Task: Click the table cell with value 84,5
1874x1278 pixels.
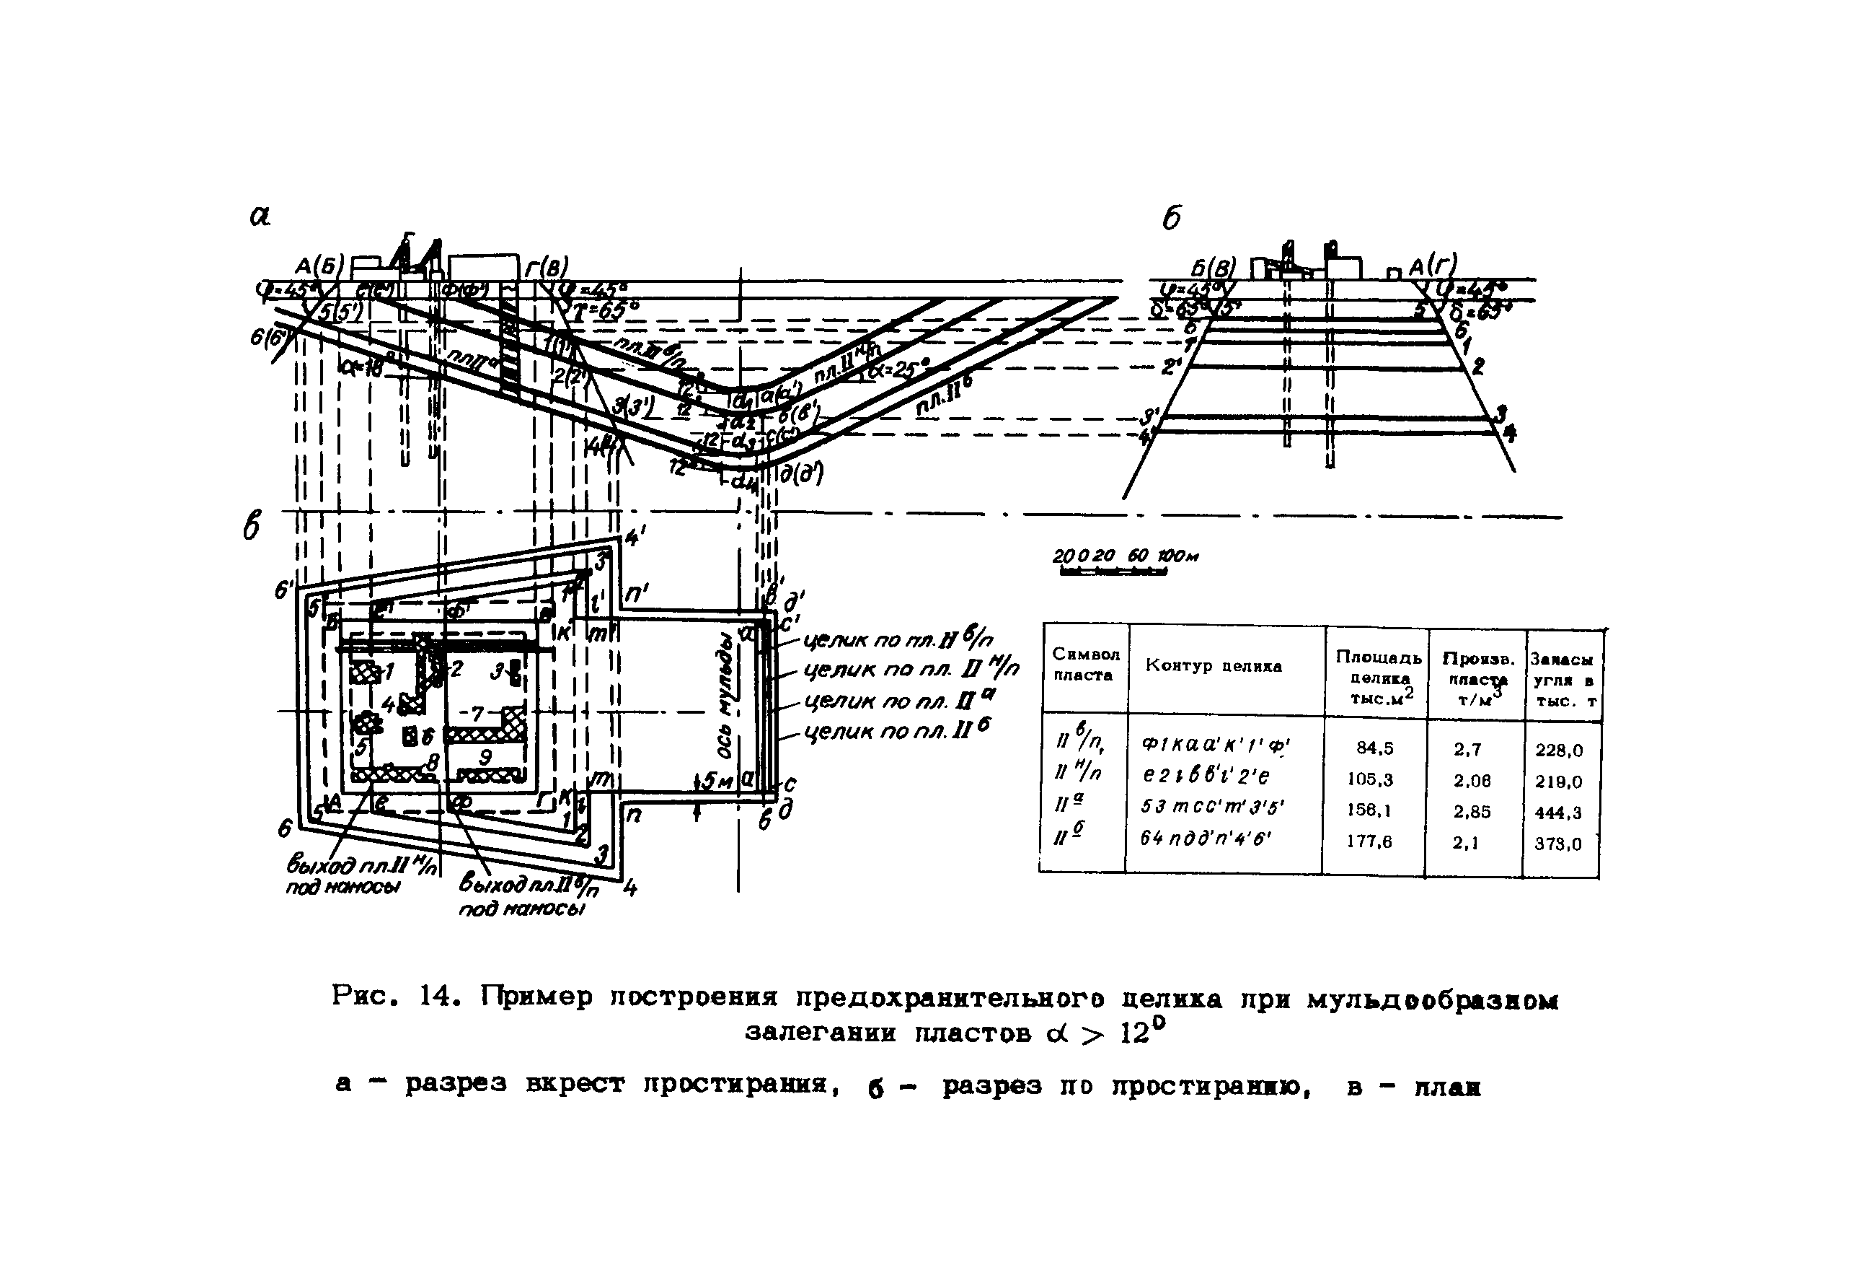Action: tap(1374, 748)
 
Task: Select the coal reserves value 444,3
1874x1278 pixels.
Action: tap(1558, 813)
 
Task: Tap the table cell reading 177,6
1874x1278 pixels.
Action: tap(1369, 841)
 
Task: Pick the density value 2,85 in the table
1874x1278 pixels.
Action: tap(1472, 812)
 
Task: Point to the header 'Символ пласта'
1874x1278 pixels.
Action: tap(1085, 665)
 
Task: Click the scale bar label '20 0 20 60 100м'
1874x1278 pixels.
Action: tap(1124, 556)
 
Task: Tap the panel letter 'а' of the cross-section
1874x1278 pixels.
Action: tap(260, 216)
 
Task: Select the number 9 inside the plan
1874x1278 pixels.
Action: tap(485, 757)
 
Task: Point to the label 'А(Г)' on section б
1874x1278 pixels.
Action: tap(1433, 266)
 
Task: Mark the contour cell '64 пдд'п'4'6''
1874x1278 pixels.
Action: tap(1206, 839)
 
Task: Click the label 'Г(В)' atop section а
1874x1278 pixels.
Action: tap(546, 267)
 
